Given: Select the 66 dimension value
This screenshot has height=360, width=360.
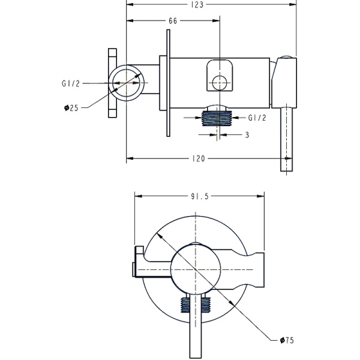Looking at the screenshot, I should point(173,21).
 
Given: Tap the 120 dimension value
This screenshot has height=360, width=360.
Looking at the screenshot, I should point(199,159).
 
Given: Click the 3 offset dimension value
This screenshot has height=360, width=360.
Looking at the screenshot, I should point(247,135).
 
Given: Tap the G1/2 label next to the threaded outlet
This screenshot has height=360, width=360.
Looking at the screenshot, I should point(257,117).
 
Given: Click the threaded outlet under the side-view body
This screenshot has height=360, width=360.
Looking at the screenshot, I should point(217,116).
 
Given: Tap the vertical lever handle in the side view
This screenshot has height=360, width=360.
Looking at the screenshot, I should point(287,141).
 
